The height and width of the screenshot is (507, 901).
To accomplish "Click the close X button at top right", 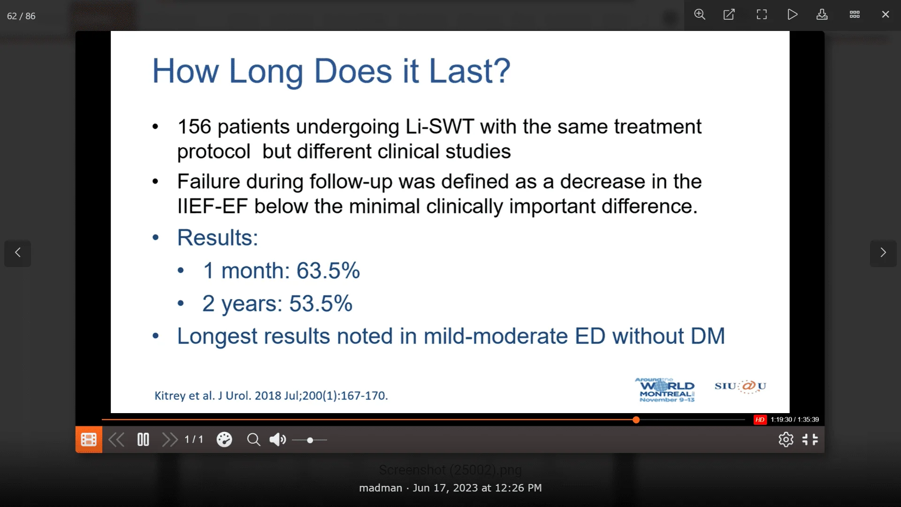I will tap(885, 15).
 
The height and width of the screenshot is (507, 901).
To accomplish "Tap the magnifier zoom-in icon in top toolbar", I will tap(700, 15).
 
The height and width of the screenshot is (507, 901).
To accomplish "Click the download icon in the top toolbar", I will tap(822, 15).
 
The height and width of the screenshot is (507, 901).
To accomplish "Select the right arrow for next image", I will tap(883, 253).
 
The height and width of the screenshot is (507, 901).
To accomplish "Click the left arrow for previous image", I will tap(18, 253).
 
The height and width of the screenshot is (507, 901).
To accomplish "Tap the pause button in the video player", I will tap(143, 440).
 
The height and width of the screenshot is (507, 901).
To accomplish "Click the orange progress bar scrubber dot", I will tap(636, 420).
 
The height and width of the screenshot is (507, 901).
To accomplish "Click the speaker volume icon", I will tap(277, 440).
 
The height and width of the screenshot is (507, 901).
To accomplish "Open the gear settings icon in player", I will tap(786, 440).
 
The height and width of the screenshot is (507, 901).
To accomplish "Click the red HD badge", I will tap(760, 420).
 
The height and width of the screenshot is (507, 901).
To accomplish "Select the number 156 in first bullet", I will tap(194, 127).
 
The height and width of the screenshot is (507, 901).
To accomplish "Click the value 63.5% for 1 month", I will tap(328, 271).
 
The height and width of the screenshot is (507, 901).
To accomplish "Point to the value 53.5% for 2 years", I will tap(321, 304).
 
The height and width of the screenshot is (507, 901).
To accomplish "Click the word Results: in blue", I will tap(217, 238).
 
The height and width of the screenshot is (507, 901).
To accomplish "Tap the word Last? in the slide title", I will tap(469, 71).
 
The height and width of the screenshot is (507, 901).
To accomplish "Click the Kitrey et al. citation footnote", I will tap(271, 396).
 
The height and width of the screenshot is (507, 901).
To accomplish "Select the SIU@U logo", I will tap(740, 386).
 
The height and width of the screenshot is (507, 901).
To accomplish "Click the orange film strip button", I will tap(89, 440).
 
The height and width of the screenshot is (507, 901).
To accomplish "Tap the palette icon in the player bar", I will tap(224, 440).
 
